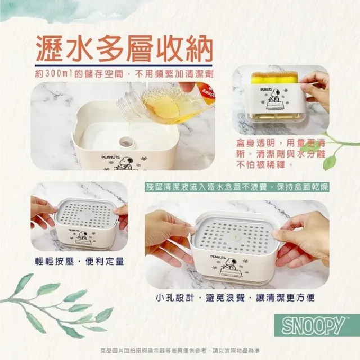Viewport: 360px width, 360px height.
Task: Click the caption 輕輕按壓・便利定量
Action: (x=79, y=261)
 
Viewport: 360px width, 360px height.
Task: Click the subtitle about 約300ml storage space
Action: (x=127, y=74)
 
